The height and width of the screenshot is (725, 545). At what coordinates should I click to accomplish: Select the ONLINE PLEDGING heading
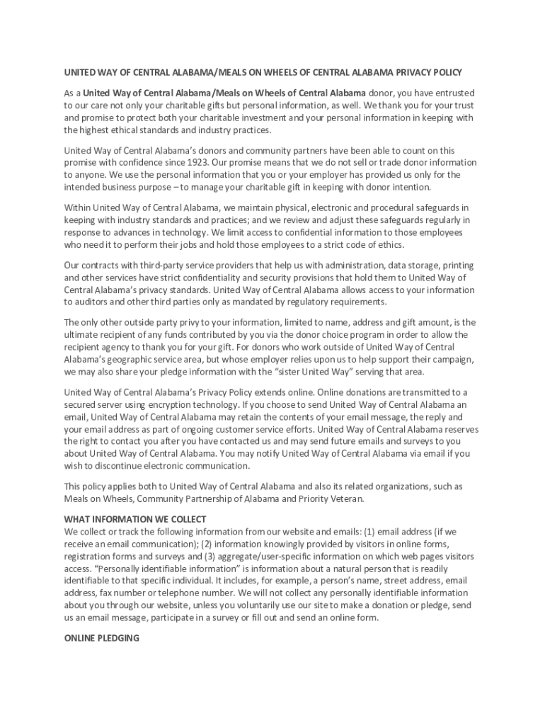(x=102, y=638)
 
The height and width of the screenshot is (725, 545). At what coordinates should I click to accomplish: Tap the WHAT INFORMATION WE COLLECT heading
(x=135, y=518)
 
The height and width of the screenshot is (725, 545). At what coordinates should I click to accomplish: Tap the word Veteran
(x=347, y=498)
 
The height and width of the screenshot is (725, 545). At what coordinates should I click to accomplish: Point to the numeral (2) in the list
(x=206, y=544)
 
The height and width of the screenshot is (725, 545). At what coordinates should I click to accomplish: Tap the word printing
(x=457, y=265)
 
